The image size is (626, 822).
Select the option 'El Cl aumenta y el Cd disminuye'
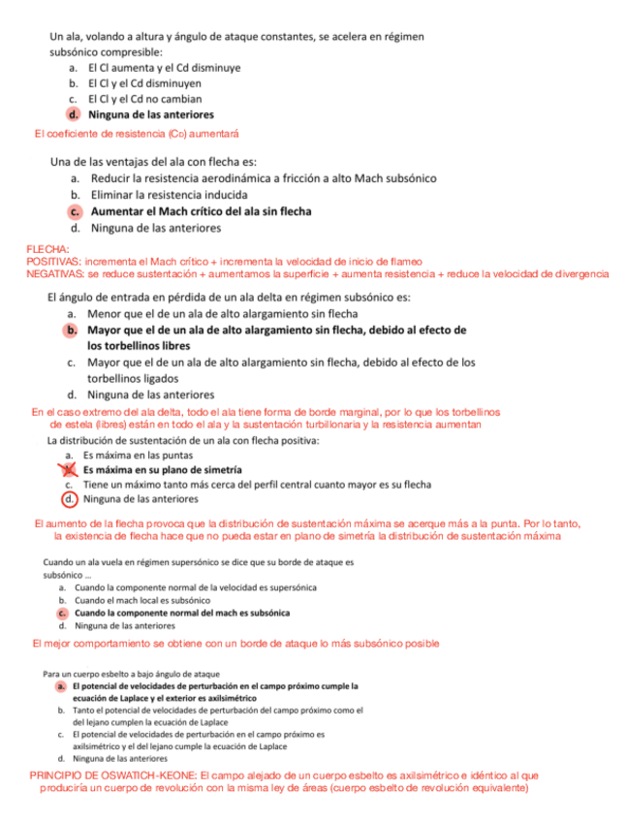point(164,68)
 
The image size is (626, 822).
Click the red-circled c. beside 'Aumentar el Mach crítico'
point(76,211)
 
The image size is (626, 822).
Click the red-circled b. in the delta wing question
point(72,331)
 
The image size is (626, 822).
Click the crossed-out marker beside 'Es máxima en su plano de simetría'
point(69,470)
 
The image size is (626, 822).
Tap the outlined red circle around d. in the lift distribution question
point(69,500)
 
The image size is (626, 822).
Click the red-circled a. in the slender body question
point(61,686)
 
